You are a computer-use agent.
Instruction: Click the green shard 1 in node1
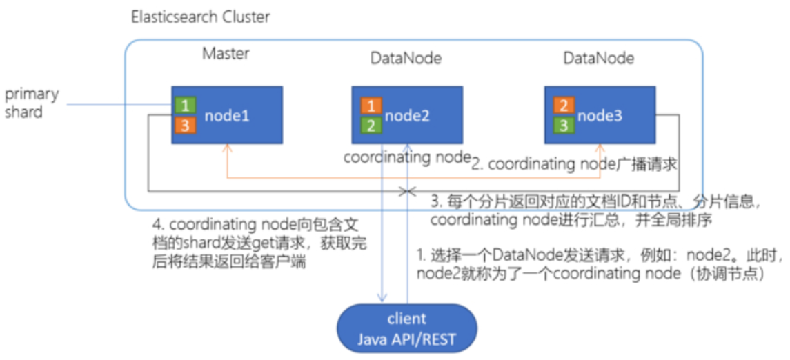coord(186,106)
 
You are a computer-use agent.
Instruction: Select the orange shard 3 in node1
coord(186,125)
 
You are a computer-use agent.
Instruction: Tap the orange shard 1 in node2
coord(371,106)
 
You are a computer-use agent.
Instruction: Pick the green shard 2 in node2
coord(371,125)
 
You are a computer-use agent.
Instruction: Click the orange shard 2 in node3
coord(564,106)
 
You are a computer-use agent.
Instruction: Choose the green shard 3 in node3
coord(564,125)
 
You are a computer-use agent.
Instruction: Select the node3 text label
coord(600,116)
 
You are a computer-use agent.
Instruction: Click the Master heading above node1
coord(225,53)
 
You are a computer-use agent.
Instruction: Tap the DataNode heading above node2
coord(406,59)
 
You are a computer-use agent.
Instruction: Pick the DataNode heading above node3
coord(599,59)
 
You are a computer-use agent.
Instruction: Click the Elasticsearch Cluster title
coord(200,17)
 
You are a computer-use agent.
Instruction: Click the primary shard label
coord(32,103)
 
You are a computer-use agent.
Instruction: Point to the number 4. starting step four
coord(157,225)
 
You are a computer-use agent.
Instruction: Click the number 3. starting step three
coord(435,203)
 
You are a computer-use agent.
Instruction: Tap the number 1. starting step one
coord(419,255)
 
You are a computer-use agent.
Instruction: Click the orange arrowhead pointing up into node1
coord(226,148)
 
